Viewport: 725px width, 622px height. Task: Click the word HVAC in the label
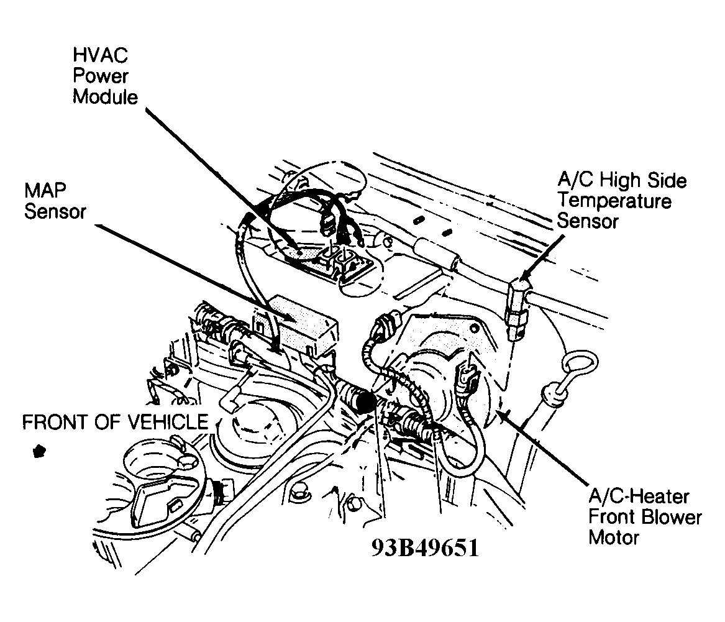101,56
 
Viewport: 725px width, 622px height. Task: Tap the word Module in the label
106,97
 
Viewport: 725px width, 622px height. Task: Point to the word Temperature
614,201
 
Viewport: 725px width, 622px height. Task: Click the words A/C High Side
622,181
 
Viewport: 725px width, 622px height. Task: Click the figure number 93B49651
426,548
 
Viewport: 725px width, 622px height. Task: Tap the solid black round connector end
365,402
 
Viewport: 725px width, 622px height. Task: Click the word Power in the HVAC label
101,76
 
